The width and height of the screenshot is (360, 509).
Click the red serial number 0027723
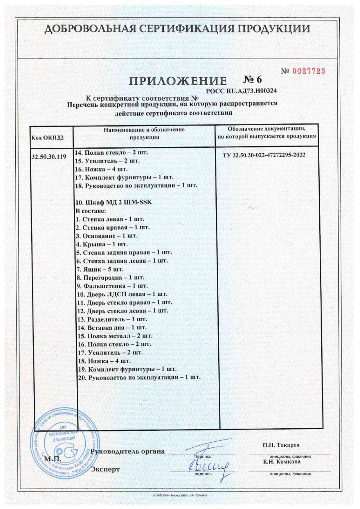[308, 71]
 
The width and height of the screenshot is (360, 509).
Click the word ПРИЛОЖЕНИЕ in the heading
[178, 82]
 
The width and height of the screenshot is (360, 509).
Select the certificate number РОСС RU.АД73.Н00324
[241, 91]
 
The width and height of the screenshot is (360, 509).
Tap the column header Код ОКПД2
[47, 138]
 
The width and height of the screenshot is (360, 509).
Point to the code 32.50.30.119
[48, 157]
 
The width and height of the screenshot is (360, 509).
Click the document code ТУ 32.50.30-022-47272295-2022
[264, 155]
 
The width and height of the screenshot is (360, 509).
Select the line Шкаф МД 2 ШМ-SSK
[114, 202]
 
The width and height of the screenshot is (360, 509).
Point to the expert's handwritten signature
[208, 466]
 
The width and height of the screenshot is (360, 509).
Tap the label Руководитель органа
[127, 452]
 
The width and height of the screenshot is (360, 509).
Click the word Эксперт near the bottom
[105, 469]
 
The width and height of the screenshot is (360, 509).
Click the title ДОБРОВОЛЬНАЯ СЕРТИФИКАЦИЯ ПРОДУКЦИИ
[177, 29]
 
